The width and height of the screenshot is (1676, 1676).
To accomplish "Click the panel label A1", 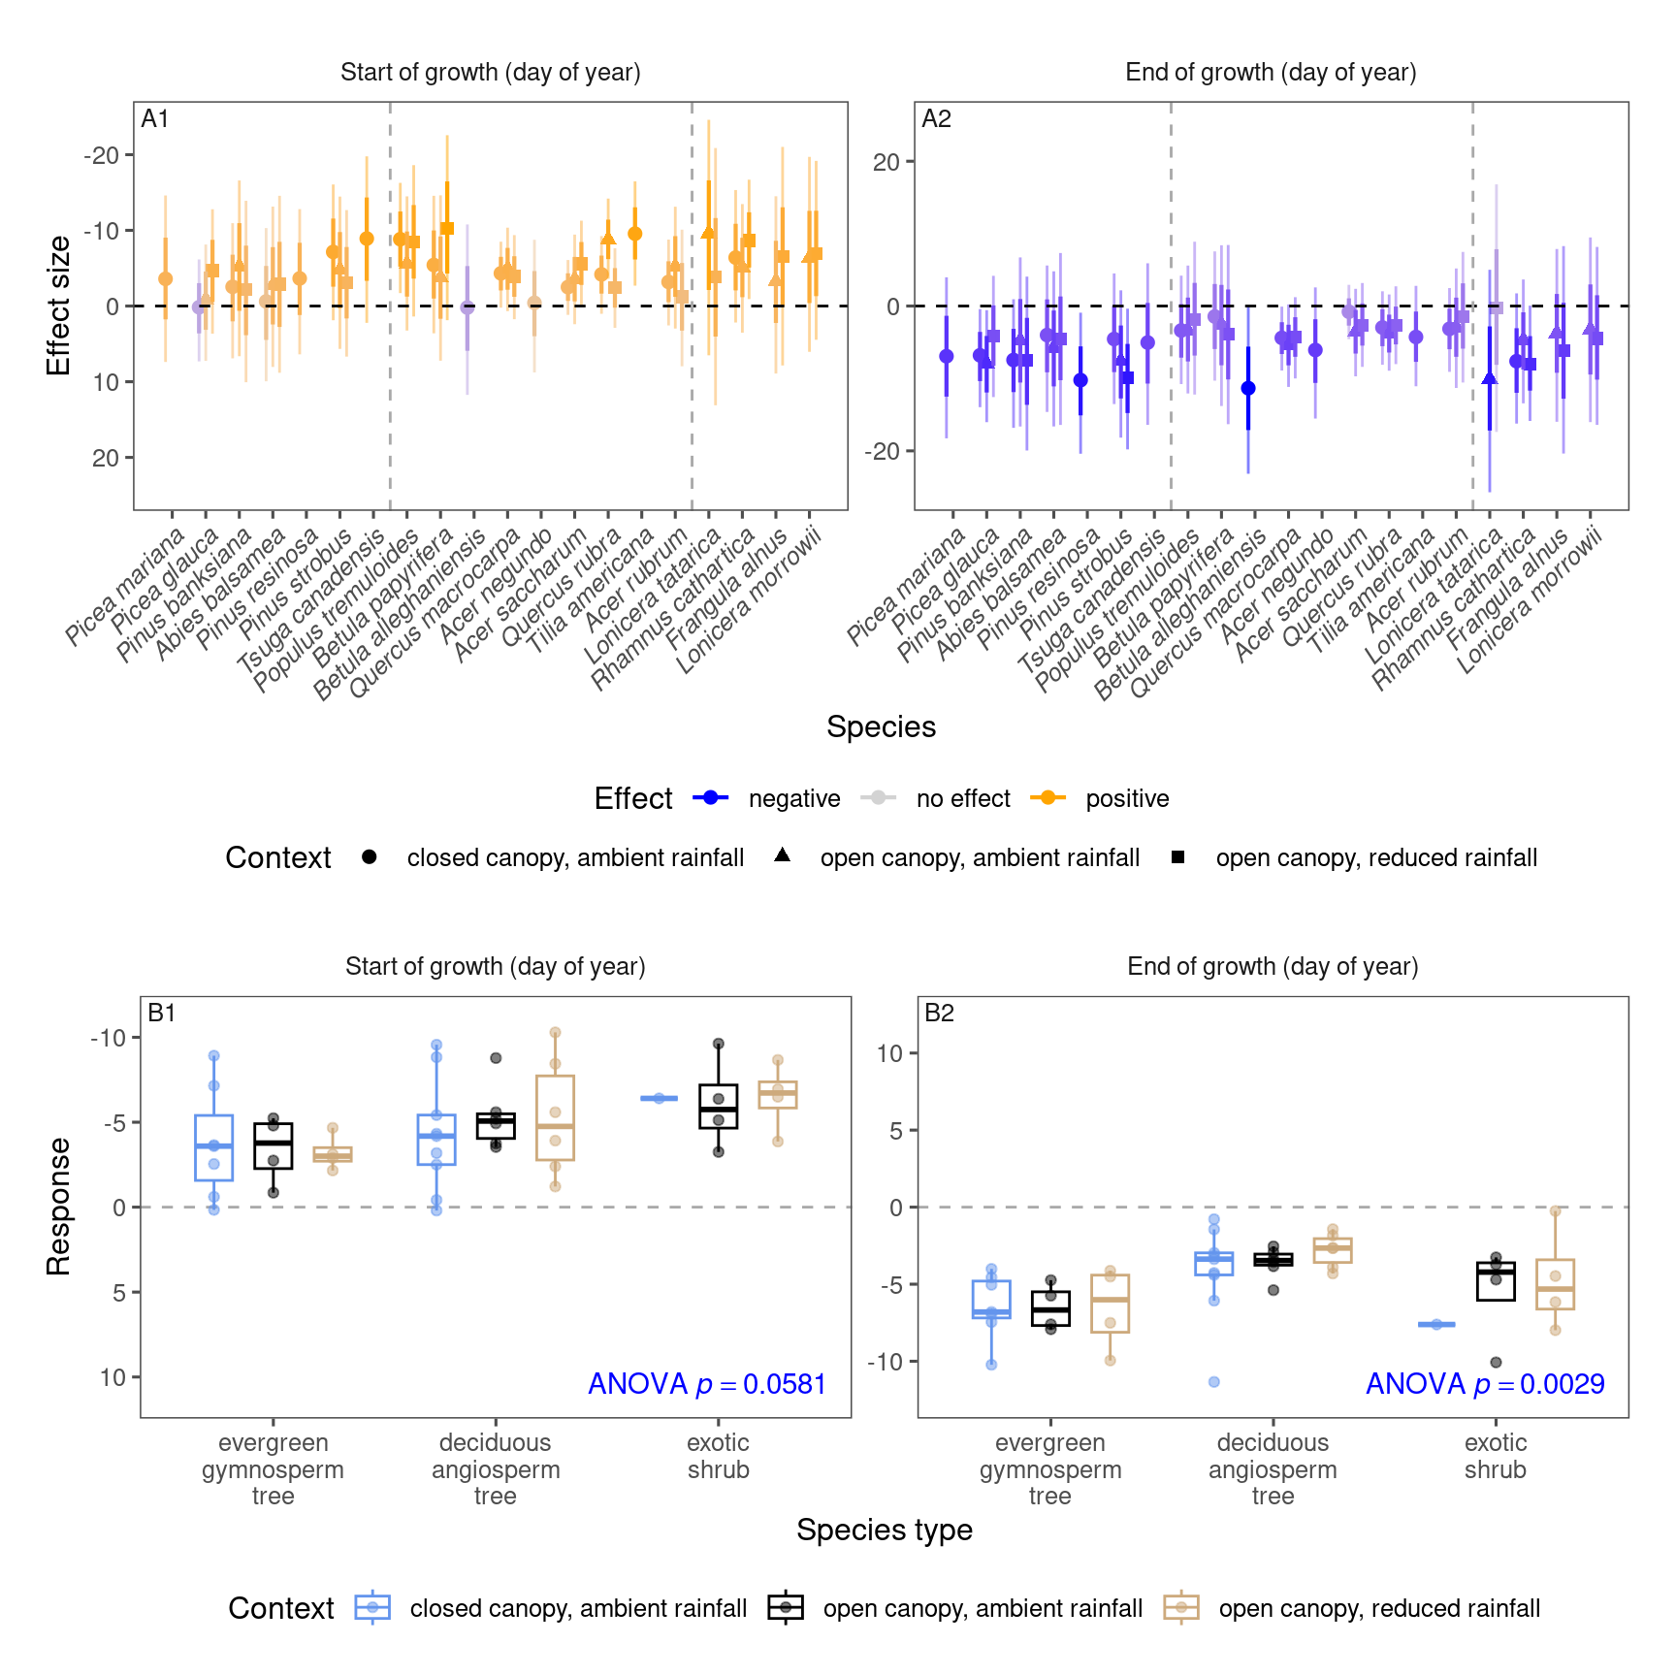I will [x=155, y=119].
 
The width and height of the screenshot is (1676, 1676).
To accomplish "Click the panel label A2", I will [x=936, y=119].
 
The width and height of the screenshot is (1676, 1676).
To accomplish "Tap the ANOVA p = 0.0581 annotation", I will [x=707, y=1384].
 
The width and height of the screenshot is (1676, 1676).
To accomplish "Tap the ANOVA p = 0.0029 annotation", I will [x=1485, y=1384].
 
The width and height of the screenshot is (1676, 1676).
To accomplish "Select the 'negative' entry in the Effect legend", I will [x=793, y=799].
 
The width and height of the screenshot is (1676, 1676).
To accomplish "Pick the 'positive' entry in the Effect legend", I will [x=1127, y=799].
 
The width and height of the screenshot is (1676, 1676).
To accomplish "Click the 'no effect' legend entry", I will [x=962, y=799].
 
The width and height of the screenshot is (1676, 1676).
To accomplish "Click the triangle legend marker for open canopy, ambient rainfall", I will [x=783, y=856].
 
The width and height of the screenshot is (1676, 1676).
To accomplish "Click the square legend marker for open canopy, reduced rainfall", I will [x=1177, y=857].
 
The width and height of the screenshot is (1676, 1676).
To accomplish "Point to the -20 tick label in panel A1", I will [x=101, y=155].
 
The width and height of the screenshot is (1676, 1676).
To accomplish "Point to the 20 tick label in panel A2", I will [x=886, y=163].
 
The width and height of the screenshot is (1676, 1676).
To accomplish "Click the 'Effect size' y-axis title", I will [x=59, y=306].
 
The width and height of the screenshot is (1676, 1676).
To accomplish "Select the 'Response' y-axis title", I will [x=59, y=1207].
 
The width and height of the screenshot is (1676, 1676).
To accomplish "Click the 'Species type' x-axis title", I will [x=884, y=1530].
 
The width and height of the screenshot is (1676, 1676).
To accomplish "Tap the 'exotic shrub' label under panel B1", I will [x=718, y=1457].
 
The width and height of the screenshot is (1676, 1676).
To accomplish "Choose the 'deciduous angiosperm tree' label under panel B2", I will [x=1273, y=1469].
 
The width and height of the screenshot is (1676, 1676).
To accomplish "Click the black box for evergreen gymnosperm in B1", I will [x=274, y=1146].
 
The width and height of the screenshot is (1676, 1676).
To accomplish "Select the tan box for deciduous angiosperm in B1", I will [x=555, y=1117].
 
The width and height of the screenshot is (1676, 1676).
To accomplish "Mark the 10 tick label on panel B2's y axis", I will [x=889, y=1053].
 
